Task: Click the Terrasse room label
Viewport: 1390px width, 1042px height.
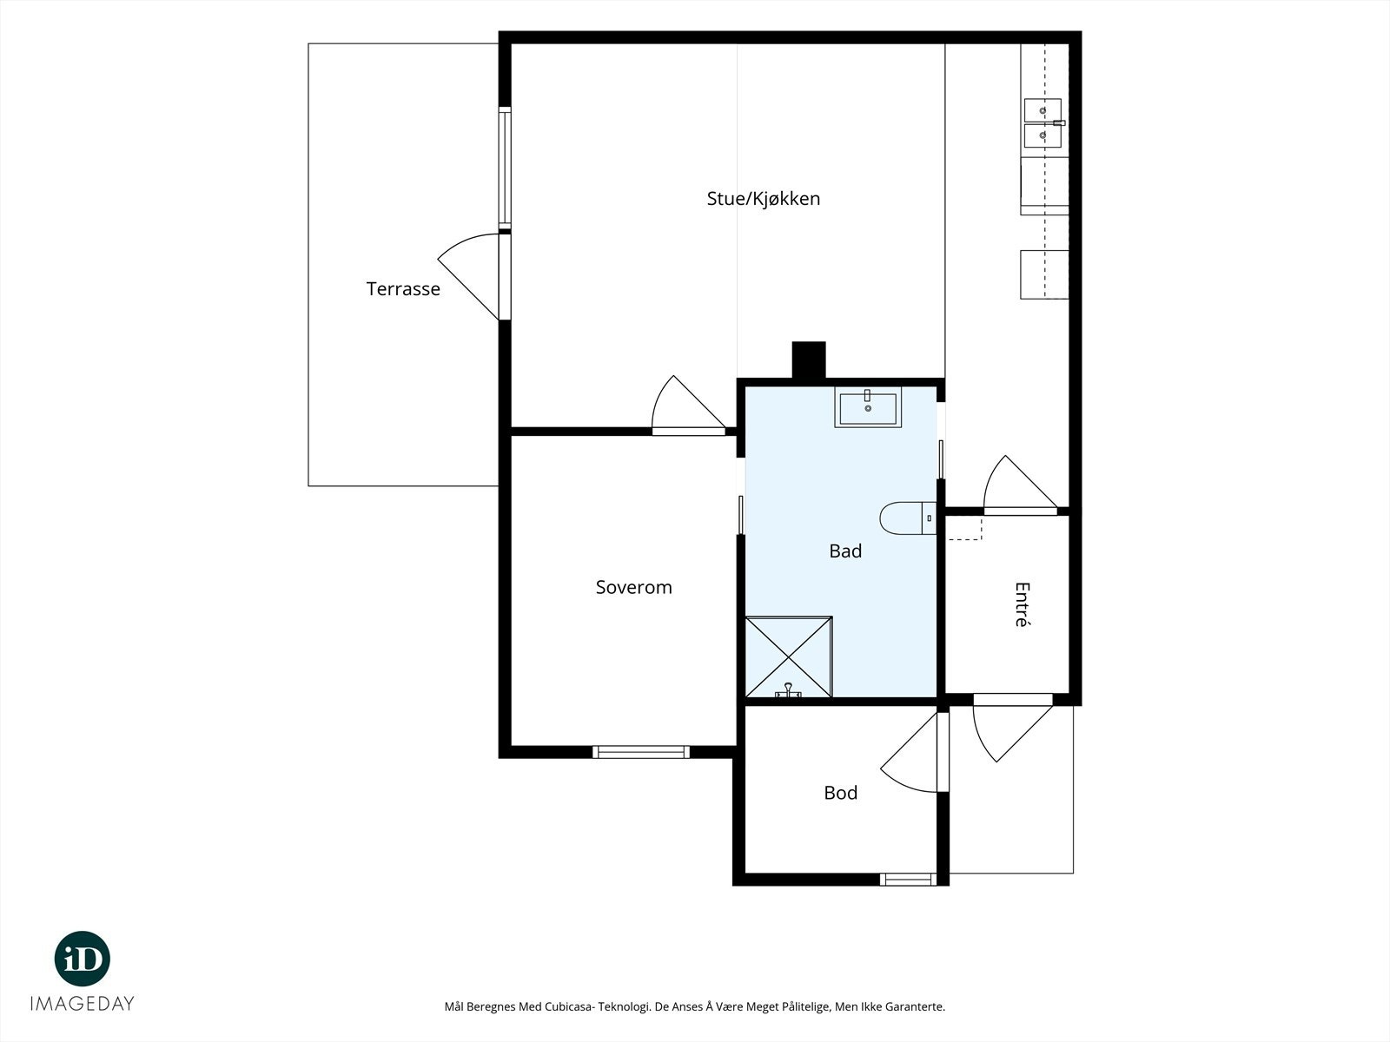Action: point(403,289)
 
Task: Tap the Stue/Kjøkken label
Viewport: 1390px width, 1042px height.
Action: point(763,199)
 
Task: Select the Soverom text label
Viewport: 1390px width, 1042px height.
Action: point(633,587)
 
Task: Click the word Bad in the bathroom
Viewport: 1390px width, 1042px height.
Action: point(845,551)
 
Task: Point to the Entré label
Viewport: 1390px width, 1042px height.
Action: point(1022,604)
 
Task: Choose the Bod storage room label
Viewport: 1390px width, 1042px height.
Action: point(840,793)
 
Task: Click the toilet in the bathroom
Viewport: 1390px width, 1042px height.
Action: point(908,518)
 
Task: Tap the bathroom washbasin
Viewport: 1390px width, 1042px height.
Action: point(868,407)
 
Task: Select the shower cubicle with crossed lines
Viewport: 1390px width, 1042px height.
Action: point(789,656)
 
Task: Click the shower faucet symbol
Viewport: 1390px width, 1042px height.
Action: point(789,690)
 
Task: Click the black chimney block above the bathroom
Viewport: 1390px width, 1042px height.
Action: point(809,360)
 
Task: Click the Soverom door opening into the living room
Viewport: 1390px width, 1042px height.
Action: point(688,405)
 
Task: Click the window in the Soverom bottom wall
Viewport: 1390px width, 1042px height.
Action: point(641,752)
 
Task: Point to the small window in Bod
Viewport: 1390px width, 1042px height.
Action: point(908,879)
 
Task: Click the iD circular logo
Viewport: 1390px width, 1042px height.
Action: point(83,959)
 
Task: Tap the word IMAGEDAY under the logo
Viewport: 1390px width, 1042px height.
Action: point(83,1004)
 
